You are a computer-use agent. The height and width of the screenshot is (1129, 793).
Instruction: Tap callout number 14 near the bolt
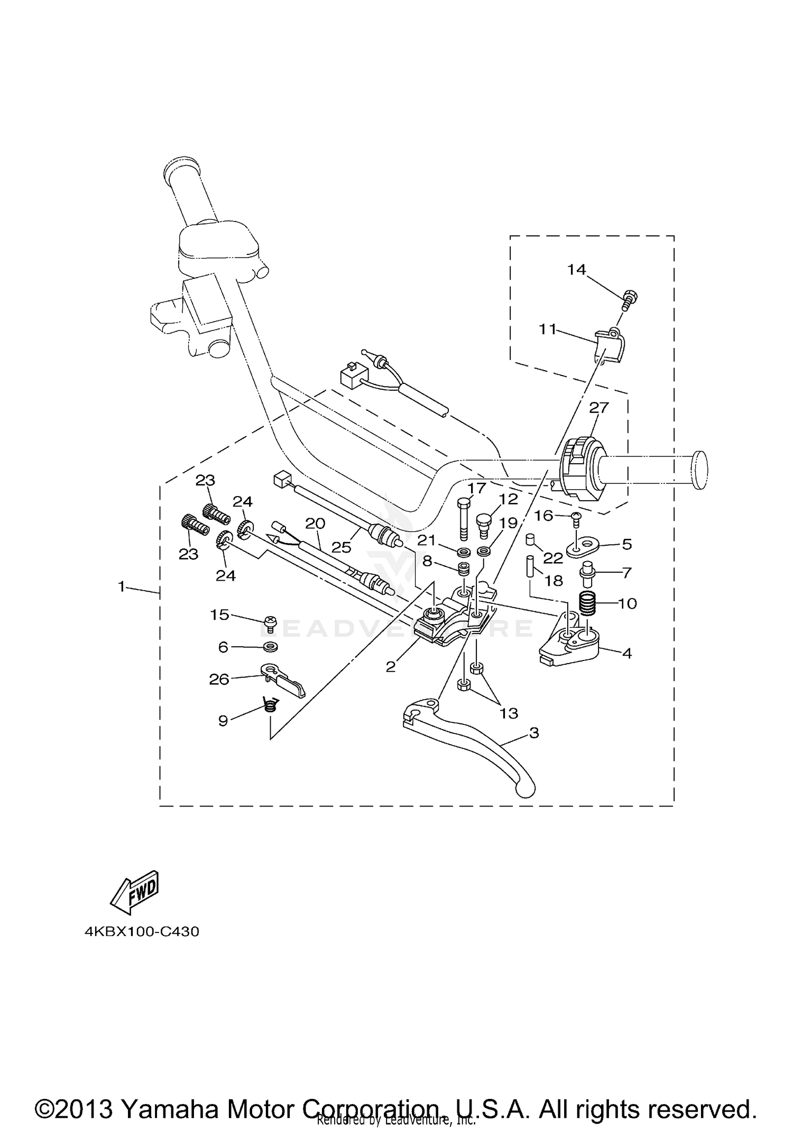click(x=577, y=270)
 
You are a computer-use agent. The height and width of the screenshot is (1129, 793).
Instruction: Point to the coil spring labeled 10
click(x=588, y=603)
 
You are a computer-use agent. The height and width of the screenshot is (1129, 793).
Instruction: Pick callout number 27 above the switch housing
click(x=599, y=408)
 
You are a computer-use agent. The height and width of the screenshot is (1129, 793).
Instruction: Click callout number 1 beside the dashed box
click(x=122, y=586)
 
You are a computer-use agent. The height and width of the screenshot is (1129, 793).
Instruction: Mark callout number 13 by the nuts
click(x=509, y=713)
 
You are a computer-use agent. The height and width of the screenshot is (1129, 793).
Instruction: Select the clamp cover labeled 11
click(x=609, y=345)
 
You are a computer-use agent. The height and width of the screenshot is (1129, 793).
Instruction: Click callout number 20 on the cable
click(x=315, y=524)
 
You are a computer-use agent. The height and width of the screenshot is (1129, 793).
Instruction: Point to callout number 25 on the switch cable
click(x=342, y=547)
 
